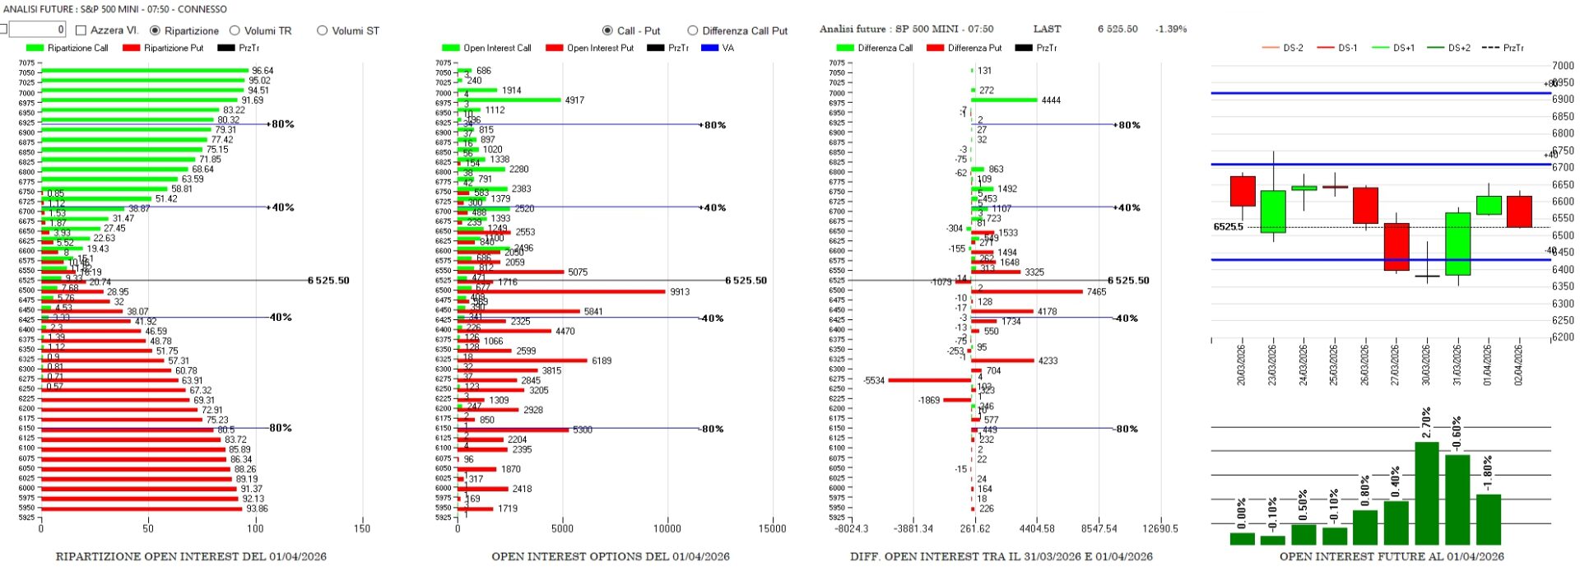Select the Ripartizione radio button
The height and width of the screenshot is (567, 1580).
click(156, 30)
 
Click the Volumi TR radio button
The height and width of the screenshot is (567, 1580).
click(235, 30)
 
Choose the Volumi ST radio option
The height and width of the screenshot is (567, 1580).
click(323, 30)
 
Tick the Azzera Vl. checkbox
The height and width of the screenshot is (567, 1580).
click(81, 30)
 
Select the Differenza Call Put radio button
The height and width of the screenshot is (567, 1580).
click(693, 30)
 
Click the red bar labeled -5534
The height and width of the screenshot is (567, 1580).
click(930, 380)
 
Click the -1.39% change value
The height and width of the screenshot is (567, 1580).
click(1171, 29)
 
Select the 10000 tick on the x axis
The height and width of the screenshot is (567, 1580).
click(667, 528)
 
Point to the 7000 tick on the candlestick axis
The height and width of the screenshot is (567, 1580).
click(1563, 65)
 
